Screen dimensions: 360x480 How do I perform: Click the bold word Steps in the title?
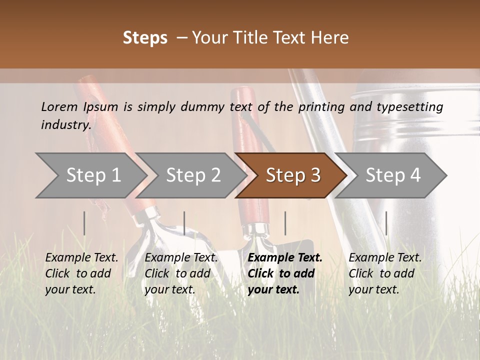(145, 38)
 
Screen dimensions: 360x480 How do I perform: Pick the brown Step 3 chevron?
(293, 175)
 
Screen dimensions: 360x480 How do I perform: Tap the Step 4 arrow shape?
(393, 175)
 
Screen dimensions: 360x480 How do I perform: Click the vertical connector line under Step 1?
(84, 223)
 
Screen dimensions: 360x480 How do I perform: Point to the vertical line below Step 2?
(184, 223)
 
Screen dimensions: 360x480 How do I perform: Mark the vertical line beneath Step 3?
(285, 223)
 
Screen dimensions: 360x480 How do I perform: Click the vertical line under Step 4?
(386, 223)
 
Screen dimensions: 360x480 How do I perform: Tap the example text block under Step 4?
(385, 273)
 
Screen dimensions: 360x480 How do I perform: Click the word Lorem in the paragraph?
(59, 106)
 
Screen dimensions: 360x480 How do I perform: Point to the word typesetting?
(409, 106)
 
